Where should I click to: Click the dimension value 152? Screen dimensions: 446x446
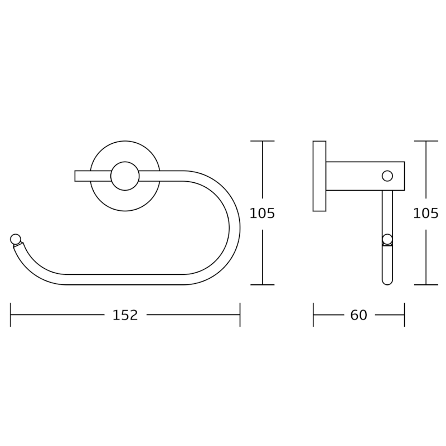125,315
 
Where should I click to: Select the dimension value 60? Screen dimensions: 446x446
358,315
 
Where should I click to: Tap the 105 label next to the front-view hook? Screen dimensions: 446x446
262,214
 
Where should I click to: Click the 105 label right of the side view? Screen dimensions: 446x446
426,214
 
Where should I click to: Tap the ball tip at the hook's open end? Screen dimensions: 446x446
16,239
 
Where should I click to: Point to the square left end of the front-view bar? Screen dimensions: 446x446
75,176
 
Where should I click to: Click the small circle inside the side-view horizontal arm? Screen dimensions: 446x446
387,176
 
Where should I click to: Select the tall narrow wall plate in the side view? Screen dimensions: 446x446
319,176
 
